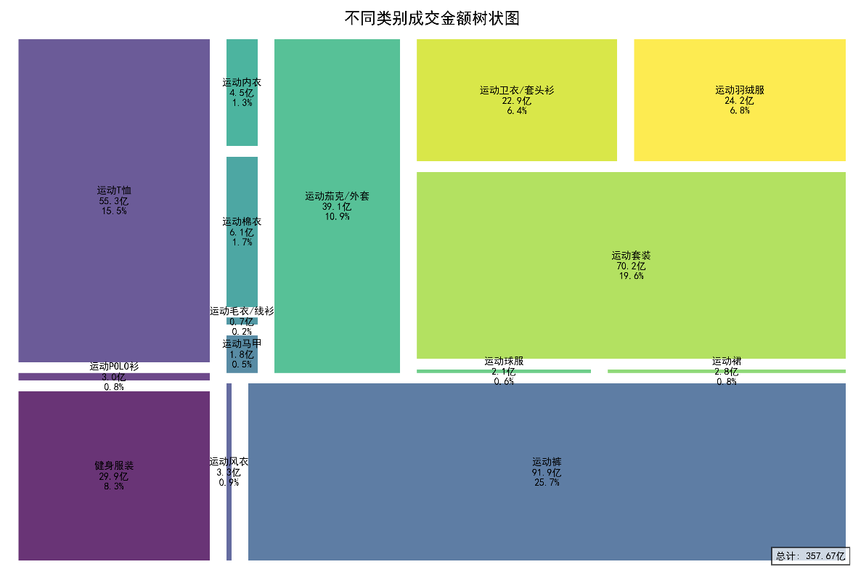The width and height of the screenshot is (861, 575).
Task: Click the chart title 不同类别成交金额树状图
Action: coord(432,18)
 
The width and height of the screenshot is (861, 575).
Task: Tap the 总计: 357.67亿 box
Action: coord(810,556)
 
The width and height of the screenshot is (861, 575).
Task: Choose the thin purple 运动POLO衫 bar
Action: coord(114,377)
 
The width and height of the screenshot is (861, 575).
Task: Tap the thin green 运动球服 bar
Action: coord(503,371)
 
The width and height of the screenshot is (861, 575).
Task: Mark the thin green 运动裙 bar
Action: coord(726,371)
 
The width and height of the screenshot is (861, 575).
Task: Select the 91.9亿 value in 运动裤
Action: coord(547,473)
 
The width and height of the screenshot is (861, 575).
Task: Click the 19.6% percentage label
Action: coord(630,276)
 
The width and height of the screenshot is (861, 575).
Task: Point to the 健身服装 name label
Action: coord(114,465)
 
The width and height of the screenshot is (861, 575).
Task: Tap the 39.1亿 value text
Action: coord(337,206)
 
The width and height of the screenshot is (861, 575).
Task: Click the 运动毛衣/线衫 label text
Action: coord(242,311)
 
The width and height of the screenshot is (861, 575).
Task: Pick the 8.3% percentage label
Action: coord(114,486)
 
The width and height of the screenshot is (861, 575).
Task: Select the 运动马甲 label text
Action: coord(242,343)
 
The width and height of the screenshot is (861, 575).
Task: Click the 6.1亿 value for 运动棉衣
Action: coord(242,232)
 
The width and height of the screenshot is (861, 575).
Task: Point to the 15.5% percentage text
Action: coord(114,211)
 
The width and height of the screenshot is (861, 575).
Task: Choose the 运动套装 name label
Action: coord(630,256)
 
